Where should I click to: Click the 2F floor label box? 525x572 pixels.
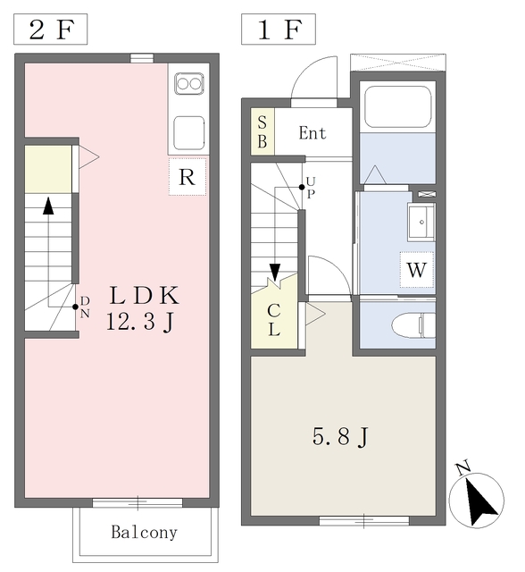coord(51,29)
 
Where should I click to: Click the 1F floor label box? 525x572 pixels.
coord(279,29)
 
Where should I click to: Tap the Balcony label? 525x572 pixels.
coord(144,533)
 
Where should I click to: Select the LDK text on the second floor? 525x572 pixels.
coord(146,296)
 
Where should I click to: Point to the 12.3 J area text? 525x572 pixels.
coord(139,323)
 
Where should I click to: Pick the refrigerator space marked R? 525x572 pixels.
coord(187,176)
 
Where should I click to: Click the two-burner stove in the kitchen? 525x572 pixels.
coord(189,85)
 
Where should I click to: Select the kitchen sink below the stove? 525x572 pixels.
coord(189,132)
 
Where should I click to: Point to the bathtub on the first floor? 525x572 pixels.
coord(397,108)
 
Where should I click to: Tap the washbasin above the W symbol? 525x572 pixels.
coord(420,222)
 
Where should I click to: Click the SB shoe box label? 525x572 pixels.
coord(262,133)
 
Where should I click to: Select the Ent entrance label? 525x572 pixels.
coord(312,134)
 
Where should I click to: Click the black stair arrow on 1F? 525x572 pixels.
coord(275,271)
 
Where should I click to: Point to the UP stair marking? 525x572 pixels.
coord(310,189)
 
